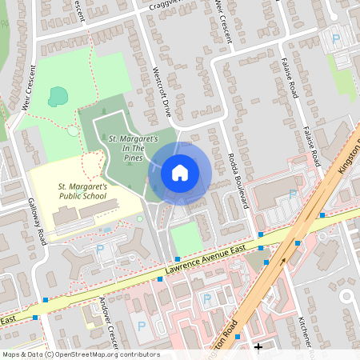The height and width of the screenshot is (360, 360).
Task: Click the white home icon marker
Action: [x=180, y=173]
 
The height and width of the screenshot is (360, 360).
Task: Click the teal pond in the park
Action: [x=58, y=98]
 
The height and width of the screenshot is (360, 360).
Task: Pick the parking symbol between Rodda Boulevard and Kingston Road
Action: [x=292, y=195]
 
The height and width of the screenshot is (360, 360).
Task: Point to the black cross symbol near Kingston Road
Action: [x=258, y=346]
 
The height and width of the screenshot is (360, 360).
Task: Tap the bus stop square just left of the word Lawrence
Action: [x=177, y=258]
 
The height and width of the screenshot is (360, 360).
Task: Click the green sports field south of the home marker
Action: [x=185, y=238]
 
